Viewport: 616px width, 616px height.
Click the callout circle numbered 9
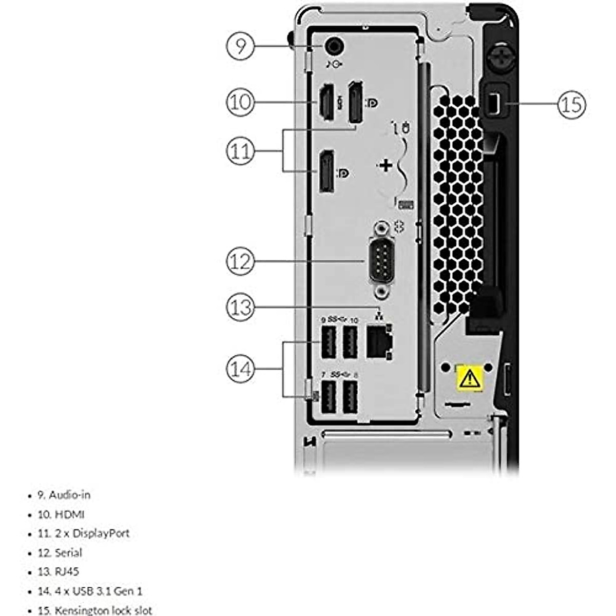[x=240, y=46]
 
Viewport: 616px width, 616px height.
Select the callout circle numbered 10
[x=240, y=102]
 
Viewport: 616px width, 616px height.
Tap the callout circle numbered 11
[x=240, y=151]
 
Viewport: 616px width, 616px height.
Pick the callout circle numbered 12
[x=240, y=261]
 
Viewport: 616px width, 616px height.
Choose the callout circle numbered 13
[x=240, y=307]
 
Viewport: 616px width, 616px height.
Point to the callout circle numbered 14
[x=240, y=369]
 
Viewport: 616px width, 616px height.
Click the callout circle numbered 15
[x=571, y=104]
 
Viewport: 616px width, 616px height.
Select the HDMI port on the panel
[x=325, y=103]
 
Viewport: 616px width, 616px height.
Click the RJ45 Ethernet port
[x=378, y=343]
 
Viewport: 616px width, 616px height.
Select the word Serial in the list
[x=69, y=553]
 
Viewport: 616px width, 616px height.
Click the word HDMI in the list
[x=70, y=514]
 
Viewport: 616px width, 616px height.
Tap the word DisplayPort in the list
[x=101, y=533]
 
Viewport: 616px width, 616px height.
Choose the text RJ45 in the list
[x=67, y=572]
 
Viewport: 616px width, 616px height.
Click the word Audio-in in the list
[x=70, y=495]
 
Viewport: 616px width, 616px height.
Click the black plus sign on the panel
[x=385, y=165]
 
